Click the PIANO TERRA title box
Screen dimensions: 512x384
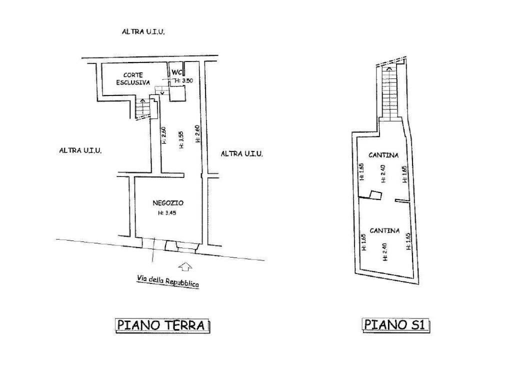[x=162, y=325]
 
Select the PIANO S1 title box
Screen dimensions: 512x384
[x=396, y=325]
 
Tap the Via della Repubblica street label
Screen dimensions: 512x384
[x=168, y=281]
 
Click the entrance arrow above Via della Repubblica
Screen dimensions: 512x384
[x=185, y=266]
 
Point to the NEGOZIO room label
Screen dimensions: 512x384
[x=168, y=203]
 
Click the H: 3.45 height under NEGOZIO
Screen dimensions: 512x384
[x=167, y=213]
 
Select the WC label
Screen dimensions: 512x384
[x=176, y=72]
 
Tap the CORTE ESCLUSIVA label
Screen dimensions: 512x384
[x=133, y=78]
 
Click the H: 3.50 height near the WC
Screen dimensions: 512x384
[x=183, y=80]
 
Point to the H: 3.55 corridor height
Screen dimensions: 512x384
[x=181, y=139]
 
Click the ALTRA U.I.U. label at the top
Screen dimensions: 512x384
[x=143, y=31]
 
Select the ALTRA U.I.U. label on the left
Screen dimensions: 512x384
[x=80, y=150]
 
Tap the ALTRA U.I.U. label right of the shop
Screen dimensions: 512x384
[x=242, y=153]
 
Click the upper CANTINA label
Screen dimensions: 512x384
[x=383, y=155]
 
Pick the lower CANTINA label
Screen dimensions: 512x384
[x=384, y=230]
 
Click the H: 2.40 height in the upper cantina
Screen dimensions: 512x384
[x=383, y=173]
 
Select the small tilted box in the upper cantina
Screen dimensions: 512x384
[x=375, y=194]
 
